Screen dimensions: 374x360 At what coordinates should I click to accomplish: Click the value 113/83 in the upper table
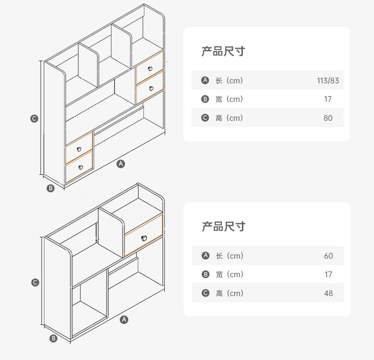tap(328, 81)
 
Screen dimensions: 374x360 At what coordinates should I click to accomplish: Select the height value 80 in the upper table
tap(328, 118)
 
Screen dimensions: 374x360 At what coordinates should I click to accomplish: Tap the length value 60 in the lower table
tap(329, 256)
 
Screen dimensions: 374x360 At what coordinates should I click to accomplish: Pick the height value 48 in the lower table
tap(329, 293)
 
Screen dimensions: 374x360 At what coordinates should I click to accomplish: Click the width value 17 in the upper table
tap(328, 99)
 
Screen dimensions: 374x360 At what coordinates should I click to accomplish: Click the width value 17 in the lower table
tap(329, 274)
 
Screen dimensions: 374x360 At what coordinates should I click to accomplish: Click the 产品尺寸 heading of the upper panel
tap(223, 51)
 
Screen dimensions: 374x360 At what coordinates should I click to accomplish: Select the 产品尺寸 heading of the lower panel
tap(223, 226)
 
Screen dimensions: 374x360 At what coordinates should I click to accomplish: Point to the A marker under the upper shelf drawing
tap(121, 163)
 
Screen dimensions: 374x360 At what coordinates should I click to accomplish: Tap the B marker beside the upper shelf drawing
tap(51, 188)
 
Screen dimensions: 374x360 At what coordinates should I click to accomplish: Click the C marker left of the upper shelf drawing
tap(34, 118)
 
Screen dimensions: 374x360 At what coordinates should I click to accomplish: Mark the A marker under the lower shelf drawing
tap(124, 319)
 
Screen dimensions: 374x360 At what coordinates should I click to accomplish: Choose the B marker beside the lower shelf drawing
tap(53, 338)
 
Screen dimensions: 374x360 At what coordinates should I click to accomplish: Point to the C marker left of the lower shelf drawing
tap(35, 282)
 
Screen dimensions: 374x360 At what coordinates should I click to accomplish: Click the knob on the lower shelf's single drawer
tap(144, 237)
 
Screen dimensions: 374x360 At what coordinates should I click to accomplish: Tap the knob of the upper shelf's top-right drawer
tap(151, 69)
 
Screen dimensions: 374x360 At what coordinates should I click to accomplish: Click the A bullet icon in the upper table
tap(205, 81)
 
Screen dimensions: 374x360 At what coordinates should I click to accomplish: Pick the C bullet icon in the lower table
tap(205, 293)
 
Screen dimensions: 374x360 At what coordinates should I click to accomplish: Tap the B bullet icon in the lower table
tap(205, 274)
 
